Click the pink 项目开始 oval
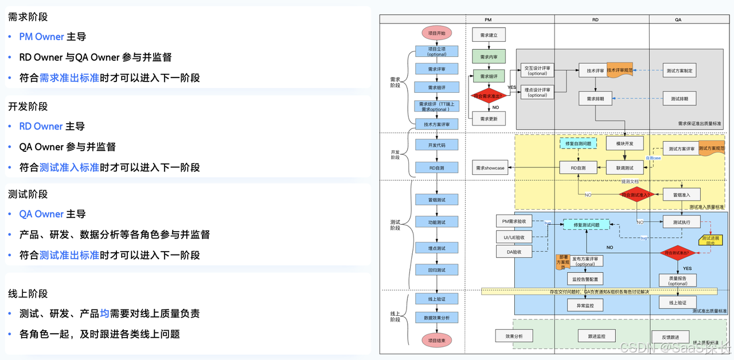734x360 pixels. click(x=436, y=33)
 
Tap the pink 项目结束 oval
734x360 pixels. click(x=436, y=340)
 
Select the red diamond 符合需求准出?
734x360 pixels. click(x=489, y=96)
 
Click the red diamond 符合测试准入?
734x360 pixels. click(x=637, y=195)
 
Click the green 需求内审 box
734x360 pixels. click(x=489, y=57)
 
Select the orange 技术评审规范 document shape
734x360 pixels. click(x=620, y=70)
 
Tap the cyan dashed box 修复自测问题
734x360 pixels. click(x=577, y=143)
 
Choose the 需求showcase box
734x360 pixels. click(x=490, y=168)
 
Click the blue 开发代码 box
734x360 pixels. click(x=436, y=145)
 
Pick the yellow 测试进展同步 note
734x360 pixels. click(x=710, y=240)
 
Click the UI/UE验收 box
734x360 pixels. click(x=514, y=237)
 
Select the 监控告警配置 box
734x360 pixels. click(x=585, y=279)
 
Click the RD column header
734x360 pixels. click(x=595, y=19)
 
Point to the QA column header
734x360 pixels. click(x=678, y=19)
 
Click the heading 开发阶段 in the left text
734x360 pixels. click(x=28, y=107)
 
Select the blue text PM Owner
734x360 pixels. click(x=41, y=37)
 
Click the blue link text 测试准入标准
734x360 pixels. click(x=69, y=167)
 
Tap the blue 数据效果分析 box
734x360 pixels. click(x=436, y=318)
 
